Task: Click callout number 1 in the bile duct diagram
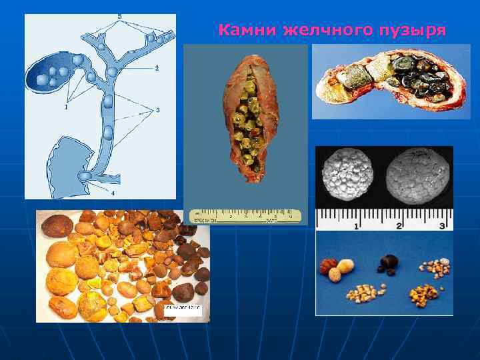(66, 107)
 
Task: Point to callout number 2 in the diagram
(157, 69)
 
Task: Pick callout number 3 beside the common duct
(157, 110)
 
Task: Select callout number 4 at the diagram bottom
(113, 193)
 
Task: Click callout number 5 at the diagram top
(119, 16)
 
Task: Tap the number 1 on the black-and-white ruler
(357, 226)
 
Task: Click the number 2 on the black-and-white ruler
(399, 226)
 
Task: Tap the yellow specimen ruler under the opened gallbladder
(245, 216)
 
